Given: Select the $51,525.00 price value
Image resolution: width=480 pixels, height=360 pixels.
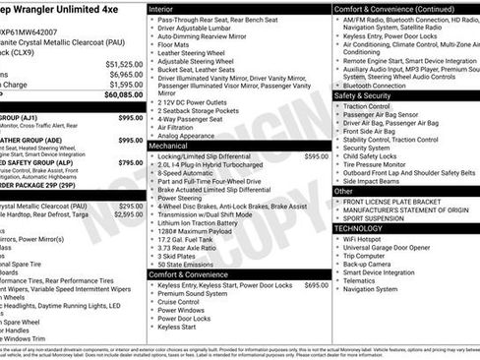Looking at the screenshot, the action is (123, 62).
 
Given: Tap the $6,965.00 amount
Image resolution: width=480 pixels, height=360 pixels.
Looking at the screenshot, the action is (125, 74).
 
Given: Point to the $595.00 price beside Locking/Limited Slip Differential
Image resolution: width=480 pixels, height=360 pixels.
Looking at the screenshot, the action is (317, 156).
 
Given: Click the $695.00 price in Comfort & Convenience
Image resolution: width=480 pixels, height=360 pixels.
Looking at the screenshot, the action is (317, 284).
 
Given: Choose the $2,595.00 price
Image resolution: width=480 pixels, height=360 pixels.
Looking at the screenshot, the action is (128, 213).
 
